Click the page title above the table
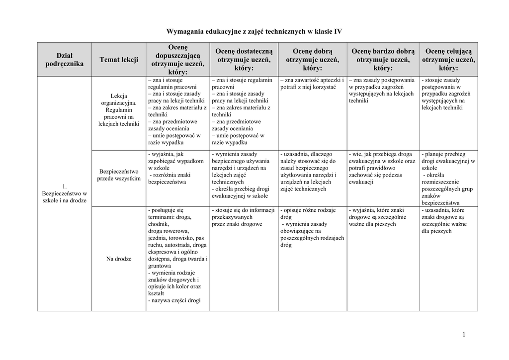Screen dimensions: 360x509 [x=254, y=31]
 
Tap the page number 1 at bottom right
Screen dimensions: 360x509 [x=464, y=335]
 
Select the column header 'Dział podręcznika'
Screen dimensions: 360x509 [x=64, y=59]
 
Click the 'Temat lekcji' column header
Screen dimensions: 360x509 [x=119, y=60]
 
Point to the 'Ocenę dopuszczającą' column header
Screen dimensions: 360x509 [x=178, y=59]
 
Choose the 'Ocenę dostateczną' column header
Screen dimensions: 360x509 [x=244, y=59]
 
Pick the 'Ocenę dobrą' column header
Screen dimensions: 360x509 [x=312, y=59]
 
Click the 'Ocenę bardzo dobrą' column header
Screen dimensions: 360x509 [x=383, y=59]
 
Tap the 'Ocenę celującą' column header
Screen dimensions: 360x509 [x=448, y=59]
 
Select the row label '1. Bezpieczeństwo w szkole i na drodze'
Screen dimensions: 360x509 [x=65, y=193]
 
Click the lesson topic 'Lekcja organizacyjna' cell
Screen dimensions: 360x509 [x=119, y=109]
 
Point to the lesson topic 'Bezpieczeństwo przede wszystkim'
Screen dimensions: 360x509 [x=119, y=175]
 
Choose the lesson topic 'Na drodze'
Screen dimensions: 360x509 [x=119, y=259]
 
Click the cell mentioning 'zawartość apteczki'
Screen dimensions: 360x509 [x=312, y=84]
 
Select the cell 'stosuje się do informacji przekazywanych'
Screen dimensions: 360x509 [x=244, y=217]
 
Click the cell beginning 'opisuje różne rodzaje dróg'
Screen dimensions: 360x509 [x=312, y=228]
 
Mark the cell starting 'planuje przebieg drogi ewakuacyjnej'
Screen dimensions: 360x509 [x=448, y=179]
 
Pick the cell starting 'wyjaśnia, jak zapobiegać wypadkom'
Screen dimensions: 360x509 [x=177, y=168]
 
